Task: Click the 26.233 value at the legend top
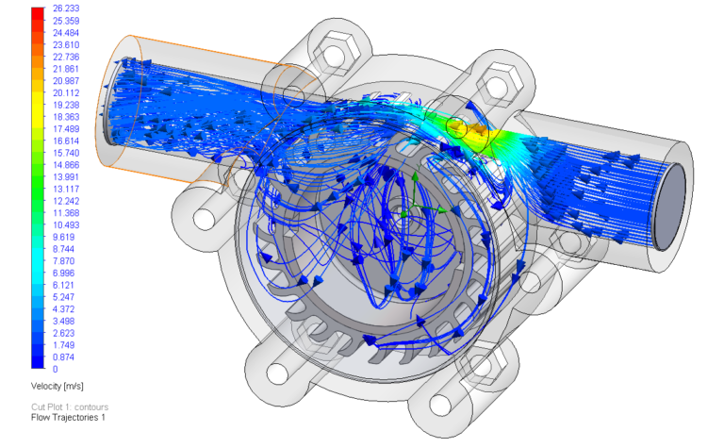point(66,8)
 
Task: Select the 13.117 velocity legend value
point(66,189)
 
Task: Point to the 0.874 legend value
point(64,357)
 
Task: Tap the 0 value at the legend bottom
point(56,369)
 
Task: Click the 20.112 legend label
point(66,92)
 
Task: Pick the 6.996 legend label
point(64,273)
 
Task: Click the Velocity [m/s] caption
point(58,386)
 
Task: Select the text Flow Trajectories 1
point(68,418)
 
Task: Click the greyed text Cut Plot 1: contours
point(70,407)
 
